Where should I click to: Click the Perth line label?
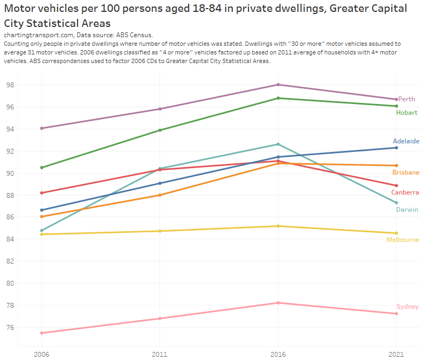406,100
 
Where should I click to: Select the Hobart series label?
406,113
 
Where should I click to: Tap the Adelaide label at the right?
406,141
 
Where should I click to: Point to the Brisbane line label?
406,172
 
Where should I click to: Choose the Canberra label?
405,192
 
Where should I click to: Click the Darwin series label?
407,210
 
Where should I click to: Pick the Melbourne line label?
402,240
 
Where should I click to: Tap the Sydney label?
407,307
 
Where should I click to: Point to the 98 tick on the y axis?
10,85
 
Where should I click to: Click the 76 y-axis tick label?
10,327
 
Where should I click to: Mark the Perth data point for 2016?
278,85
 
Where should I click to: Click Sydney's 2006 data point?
41,333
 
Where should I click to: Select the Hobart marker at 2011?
160,130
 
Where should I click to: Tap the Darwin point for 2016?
278,144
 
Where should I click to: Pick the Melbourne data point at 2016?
278,226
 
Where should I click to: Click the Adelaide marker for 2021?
397,148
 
